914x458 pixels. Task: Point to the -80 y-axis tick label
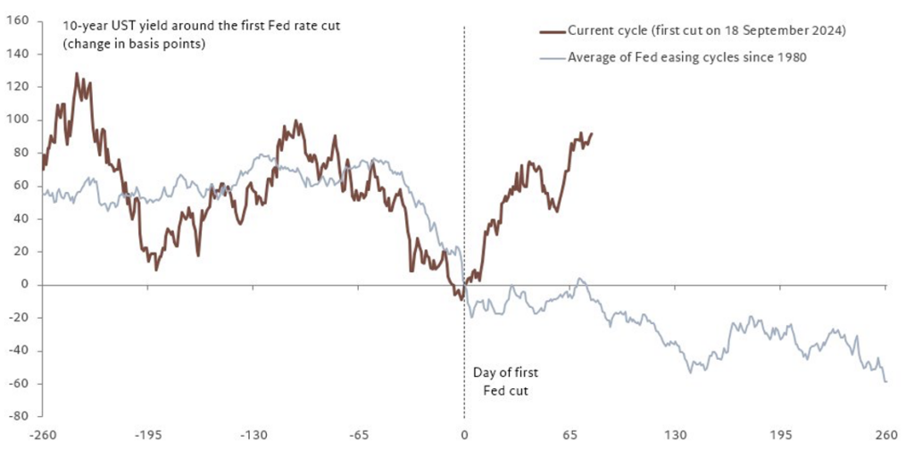(18, 417)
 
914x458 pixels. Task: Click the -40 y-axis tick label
(18, 351)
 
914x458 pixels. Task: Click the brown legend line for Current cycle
(552, 31)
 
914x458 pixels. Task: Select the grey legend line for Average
(552, 57)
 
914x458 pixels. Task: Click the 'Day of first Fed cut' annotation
(505, 381)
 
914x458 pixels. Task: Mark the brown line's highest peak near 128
(76, 74)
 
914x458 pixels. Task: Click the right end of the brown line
(591, 134)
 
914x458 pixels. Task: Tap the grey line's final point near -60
(885, 382)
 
